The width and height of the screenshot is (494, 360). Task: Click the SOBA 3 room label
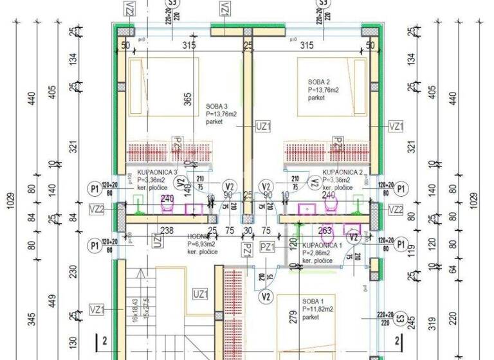point(216,107)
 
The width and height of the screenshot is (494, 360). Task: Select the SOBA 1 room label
point(314,300)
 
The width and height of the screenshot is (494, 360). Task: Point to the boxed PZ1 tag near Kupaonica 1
point(267,246)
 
